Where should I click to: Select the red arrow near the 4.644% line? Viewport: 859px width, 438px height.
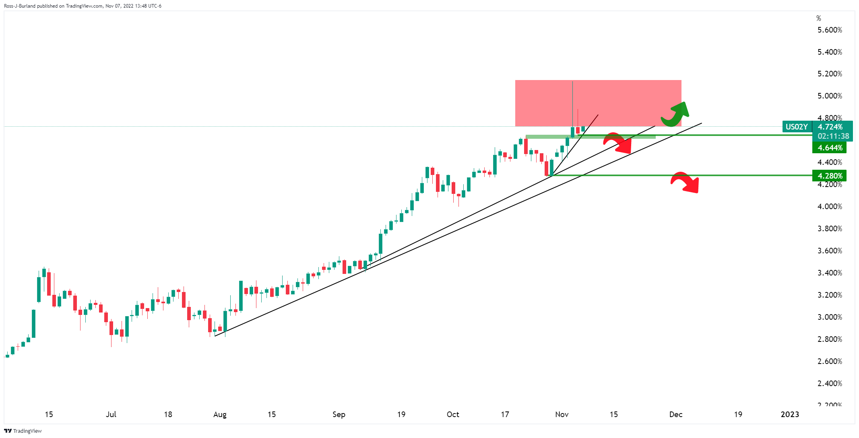click(x=617, y=143)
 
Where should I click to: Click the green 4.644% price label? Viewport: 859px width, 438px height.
click(x=829, y=148)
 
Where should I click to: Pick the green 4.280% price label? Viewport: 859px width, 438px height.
click(x=829, y=176)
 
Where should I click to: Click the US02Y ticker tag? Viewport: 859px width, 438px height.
click(x=797, y=127)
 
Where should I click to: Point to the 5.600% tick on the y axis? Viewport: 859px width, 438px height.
click(x=830, y=30)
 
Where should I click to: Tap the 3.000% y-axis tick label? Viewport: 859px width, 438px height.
click(x=830, y=317)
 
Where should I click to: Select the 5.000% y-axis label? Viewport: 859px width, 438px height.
click(x=830, y=96)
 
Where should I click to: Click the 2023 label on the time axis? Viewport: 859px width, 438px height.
click(x=790, y=414)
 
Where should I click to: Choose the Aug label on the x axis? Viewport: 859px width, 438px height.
click(x=220, y=414)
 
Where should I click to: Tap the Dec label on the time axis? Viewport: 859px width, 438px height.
click(x=676, y=414)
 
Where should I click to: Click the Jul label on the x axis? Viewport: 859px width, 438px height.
click(x=111, y=414)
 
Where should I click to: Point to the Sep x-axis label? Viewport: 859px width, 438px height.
click(x=339, y=414)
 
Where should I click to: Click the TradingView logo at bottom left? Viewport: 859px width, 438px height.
click(x=23, y=431)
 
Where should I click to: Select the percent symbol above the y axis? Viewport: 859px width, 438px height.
click(x=819, y=19)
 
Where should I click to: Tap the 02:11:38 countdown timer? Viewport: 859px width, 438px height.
click(x=833, y=136)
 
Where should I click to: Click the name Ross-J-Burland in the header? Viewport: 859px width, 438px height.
click(x=20, y=6)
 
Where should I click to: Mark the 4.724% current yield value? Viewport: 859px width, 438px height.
click(x=830, y=127)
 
